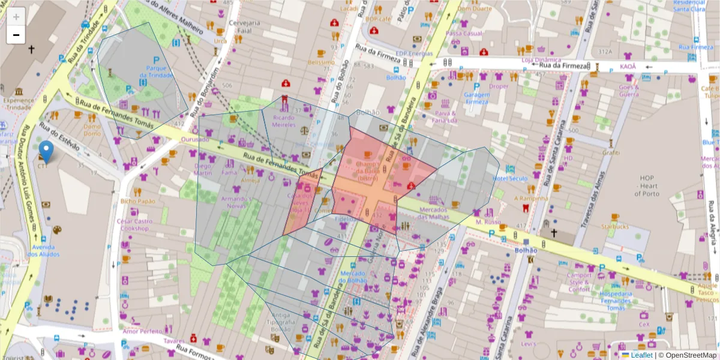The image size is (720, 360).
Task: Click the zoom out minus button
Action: click(16, 35)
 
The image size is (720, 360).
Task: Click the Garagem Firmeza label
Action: click(477, 98)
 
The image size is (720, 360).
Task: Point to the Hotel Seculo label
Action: click(509, 179)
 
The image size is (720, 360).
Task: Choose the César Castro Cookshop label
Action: click(135, 224)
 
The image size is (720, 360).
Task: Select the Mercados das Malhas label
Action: click(442, 213)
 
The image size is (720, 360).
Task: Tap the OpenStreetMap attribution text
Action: click(687, 355)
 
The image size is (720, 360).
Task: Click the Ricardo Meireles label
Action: click(284, 121)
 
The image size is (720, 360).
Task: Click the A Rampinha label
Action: click(531, 198)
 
